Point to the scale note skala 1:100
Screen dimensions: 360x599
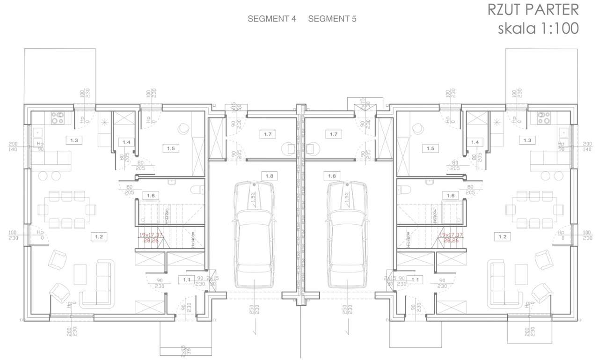(x=538, y=28)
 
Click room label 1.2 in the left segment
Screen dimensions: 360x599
(x=99, y=236)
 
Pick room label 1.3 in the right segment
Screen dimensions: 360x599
(x=527, y=140)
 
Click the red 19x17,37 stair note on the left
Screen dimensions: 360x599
(x=150, y=235)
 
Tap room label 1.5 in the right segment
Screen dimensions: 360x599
(x=430, y=148)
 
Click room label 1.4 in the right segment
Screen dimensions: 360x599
(x=475, y=142)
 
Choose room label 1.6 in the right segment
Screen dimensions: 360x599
(x=451, y=195)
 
